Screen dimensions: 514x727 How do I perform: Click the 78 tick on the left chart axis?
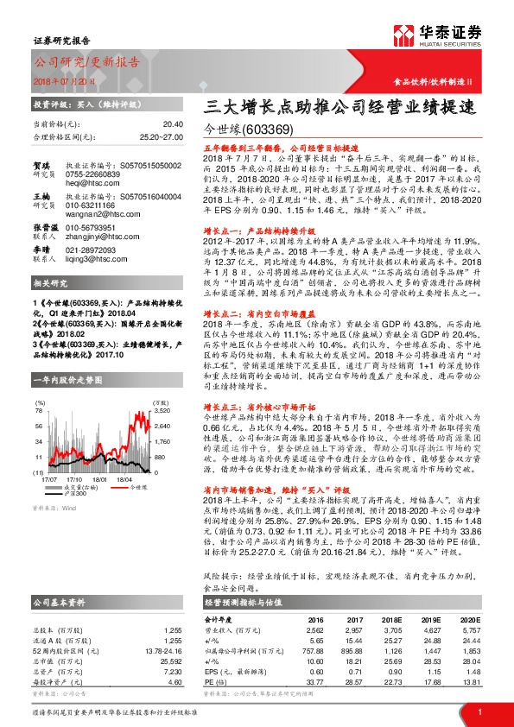(38, 411)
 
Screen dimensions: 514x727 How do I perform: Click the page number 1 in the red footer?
(479, 712)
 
